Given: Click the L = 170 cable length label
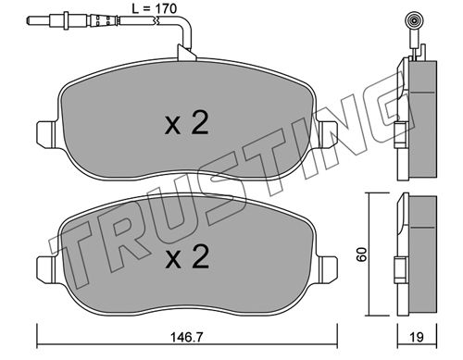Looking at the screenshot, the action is (155, 8).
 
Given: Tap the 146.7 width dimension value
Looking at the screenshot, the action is (187, 337).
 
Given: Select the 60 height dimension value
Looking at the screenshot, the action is (361, 254).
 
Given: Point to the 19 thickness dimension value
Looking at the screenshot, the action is (417, 337).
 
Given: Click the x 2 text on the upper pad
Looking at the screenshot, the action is (187, 123).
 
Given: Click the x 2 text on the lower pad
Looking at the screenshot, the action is (187, 256).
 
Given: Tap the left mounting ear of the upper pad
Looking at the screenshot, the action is (46, 133).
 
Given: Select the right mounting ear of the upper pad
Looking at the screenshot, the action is (328, 133).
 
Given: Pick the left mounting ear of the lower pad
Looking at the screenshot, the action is (46, 268).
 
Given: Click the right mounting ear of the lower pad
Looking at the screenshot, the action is (328, 268).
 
